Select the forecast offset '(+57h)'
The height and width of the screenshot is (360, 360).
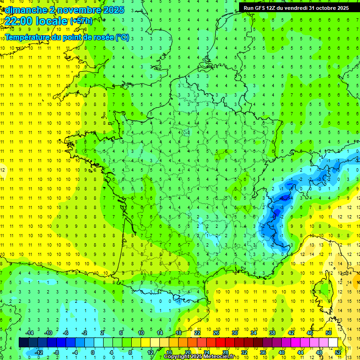pyautogui.click(x=81, y=21)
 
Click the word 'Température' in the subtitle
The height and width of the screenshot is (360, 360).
pyautogui.click(x=28, y=37)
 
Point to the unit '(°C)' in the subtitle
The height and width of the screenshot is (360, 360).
pyautogui.click(x=122, y=37)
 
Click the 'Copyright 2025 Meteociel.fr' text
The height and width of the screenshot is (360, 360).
pyautogui.click(x=199, y=357)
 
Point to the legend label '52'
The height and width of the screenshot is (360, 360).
pyautogui.click(x=338, y=352)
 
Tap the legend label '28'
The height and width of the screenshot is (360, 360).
pyautogui.click(x=225, y=352)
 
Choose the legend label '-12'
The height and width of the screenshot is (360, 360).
pyautogui.click(x=38, y=352)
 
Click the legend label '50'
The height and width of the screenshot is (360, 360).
pyautogui.click(x=329, y=333)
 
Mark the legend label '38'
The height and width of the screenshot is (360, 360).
pyautogui.click(x=272, y=333)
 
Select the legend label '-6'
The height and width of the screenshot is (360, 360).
pyautogui.click(x=66, y=333)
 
